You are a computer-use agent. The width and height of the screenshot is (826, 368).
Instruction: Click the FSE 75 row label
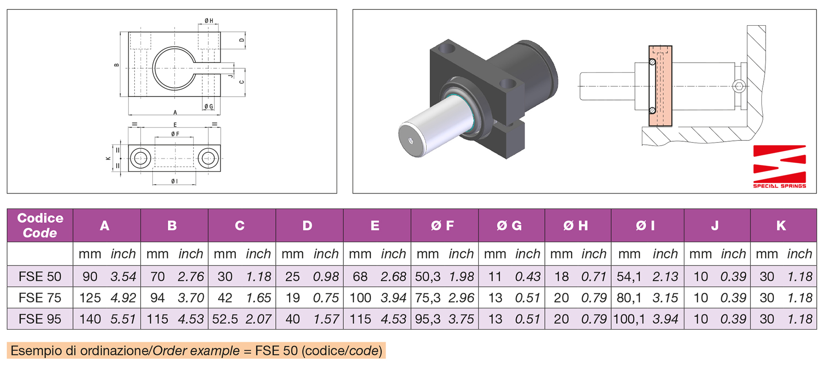pyautogui.click(x=40, y=298)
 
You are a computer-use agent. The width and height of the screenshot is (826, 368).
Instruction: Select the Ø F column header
pyautogui.click(x=443, y=225)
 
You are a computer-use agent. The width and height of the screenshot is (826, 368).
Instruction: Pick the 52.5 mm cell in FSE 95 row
pyautogui.click(x=225, y=319)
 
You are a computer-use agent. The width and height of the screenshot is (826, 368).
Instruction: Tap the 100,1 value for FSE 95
pyautogui.click(x=629, y=319)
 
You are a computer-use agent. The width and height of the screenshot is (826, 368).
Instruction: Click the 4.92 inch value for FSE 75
pyautogui.click(x=123, y=298)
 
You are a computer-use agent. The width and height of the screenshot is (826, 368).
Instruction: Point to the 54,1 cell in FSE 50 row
pyautogui.click(x=629, y=277)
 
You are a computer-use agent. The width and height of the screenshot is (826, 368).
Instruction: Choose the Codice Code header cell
pyautogui.click(x=40, y=225)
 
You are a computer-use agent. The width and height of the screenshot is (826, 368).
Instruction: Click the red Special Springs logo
pyautogui.click(x=779, y=166)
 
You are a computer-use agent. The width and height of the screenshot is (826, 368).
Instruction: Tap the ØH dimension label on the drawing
pyautogui.click(x=209, y=21)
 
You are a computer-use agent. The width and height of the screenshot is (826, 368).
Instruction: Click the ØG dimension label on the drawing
pyautogui.click(x=209, y=106)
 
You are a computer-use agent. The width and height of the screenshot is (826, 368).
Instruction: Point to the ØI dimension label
pyautogui.click(x=174, y=182)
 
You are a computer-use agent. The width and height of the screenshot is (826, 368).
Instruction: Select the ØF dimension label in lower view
pyautogui.click(x=175, y=134)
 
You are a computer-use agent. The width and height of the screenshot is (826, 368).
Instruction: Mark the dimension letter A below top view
pyautogui.click(x=175, y=113)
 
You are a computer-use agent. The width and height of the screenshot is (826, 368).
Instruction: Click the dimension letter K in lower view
pyautogui.click(x=108, y=158)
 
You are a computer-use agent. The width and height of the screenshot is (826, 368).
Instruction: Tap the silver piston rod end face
pyautogui.click(x=412, y=140)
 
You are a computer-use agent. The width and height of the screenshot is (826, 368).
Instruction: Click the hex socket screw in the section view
pyautogui.click(x=738, y=86)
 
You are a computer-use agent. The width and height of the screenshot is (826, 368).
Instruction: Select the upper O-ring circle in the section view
pyautogui.click(x=652, y=62)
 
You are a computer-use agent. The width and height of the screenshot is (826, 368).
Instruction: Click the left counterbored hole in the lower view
pyautogui.click(x=140, y=158)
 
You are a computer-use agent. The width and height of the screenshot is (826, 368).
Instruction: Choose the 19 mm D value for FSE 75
pyautogui.click(x=293, y=298)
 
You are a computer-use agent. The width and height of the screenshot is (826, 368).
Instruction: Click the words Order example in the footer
pyautogui.click(x=196, y=351)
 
